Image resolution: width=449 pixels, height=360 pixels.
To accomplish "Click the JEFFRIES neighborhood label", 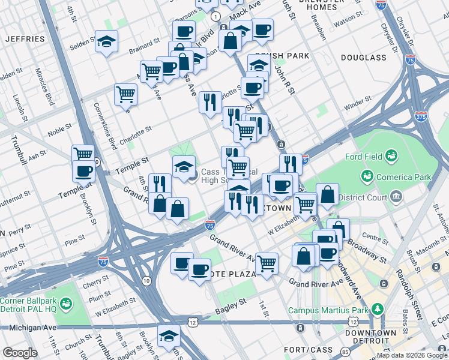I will pos(25,39).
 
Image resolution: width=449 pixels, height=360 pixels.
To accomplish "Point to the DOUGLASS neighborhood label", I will pos(363,58).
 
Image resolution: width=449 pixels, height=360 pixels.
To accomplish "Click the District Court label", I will pos(363,196).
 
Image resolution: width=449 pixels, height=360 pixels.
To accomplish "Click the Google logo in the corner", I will pos(20,353).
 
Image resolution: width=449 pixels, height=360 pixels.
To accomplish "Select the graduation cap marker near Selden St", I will pos(106,41).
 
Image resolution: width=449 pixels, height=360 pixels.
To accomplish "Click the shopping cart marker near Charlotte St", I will pos(125,94).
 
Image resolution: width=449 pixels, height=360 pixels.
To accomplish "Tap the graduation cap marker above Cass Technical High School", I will pos(184,166).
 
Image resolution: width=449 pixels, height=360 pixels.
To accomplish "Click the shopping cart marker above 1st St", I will pos(267,262).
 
